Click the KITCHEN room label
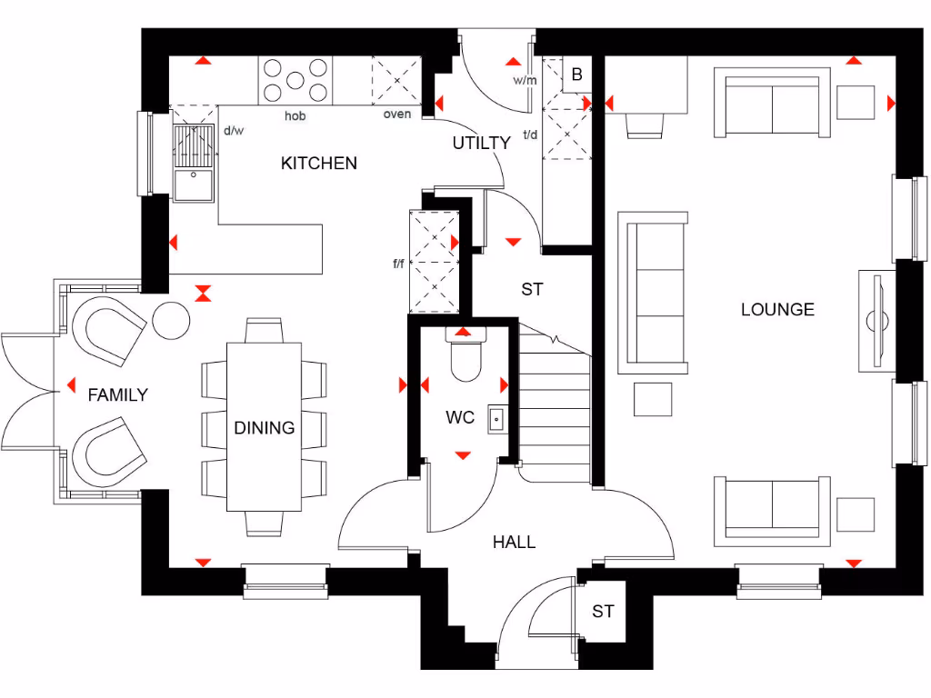pyautogui.click(x=318, y=164)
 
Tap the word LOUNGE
pyautogui.click(x=777, y=310)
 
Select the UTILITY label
pyautogui.click(x=482, y=143)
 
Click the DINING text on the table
pyautogui.click(x=264, y=427)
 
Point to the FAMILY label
pyautogui.click(x=117, y=395)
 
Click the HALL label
pyautogui.click(x=514, y=543)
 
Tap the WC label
pyautogui.click(x=460, y=418)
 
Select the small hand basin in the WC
pyautogui.click(x=497, y=418)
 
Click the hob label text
pyautogui.click(x=295, y=116)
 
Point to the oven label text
pyautogui.click(x=396, y=115)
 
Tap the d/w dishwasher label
pyautogui.click(x=234, y=131)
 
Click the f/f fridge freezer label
pyautogui.click(x=398, y=264)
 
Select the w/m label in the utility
pyautogui.click(x=525, y=80)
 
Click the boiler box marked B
pyautogui.click(x=576, y=75)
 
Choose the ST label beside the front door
pyautogui.click(x=603, y=612)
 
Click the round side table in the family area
pyautogui.click(x=171, y=320)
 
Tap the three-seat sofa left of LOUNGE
pyautogui.click(x=653, y=293)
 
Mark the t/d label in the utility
pyautogui.click(x=530, y=136)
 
